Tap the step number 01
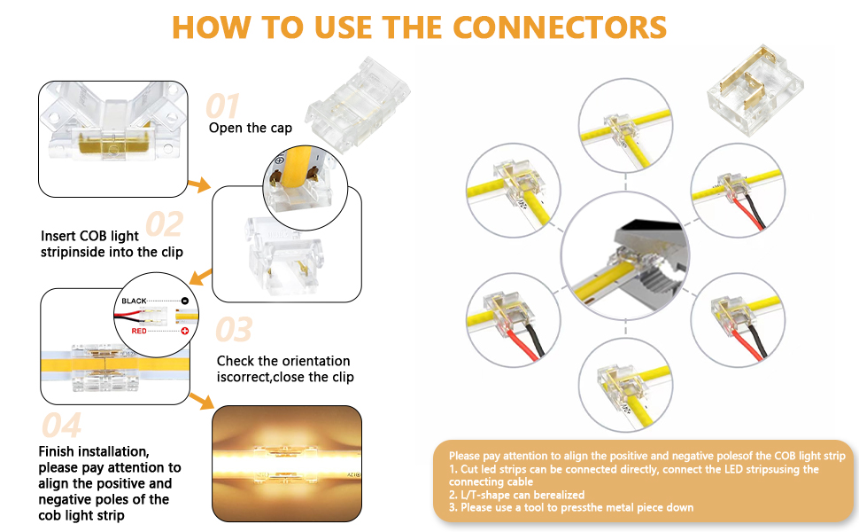[x=223, y=106]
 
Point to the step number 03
[x=234, y=330]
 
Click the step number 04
[x=62, y=426]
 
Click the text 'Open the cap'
[x=251, y=128]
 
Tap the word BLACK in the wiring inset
[x=135, y=301]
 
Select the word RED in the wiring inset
[x=139, y=331]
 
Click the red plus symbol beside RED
[x=185, y=331]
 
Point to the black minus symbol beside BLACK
[x=185, y=301]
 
